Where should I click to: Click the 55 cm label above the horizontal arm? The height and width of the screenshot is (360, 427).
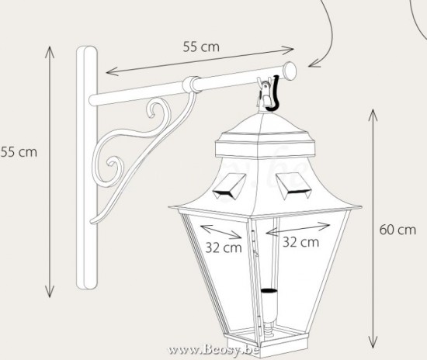point(201,47)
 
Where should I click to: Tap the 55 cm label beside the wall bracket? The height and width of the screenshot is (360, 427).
point(18,151)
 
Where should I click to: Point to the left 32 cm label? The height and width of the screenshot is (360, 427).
point(223,248)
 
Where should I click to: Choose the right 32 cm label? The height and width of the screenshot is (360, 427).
point(300,242)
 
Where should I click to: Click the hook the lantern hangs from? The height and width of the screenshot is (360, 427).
point(269,92)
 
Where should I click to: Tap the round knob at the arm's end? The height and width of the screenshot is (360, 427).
point(290,71)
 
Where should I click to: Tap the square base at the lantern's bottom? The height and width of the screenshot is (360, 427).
point(268,342)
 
